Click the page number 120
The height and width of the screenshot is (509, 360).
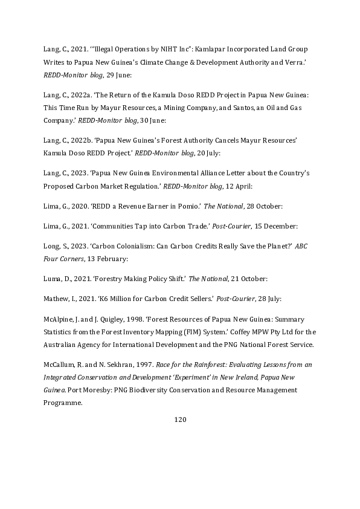point(179,419)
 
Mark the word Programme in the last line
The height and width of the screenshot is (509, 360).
point(62,403)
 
